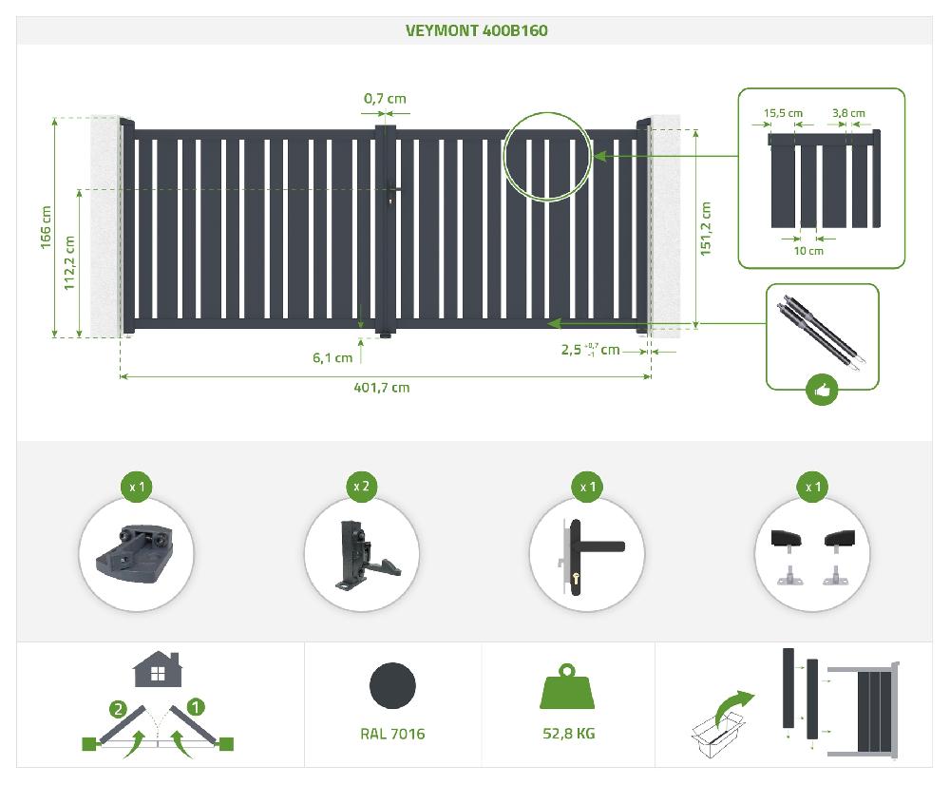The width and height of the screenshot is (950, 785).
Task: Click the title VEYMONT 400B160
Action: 476,30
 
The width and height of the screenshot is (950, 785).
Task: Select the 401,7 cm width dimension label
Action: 382,388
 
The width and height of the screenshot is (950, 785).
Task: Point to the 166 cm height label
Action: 46,227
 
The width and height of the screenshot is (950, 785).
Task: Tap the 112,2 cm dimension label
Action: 69,263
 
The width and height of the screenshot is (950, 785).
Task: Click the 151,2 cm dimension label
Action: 706,229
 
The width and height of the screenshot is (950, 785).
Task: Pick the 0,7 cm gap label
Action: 385,98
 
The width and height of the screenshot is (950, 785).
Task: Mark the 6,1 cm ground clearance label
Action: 332,357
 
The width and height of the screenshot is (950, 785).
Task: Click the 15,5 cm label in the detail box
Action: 783,113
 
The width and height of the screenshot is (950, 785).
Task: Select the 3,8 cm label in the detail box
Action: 848,113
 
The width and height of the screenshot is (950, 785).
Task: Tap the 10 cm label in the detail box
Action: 808,250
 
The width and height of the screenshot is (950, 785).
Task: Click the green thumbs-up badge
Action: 822,391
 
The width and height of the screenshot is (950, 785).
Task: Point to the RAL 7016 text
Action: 392,734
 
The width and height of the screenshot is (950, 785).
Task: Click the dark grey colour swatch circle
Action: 392,685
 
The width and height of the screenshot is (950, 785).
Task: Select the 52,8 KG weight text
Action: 569,734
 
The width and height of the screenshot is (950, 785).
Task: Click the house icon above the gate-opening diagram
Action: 158,669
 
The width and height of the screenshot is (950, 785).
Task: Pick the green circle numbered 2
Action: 118,709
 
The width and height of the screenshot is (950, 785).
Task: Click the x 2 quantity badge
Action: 361,487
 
